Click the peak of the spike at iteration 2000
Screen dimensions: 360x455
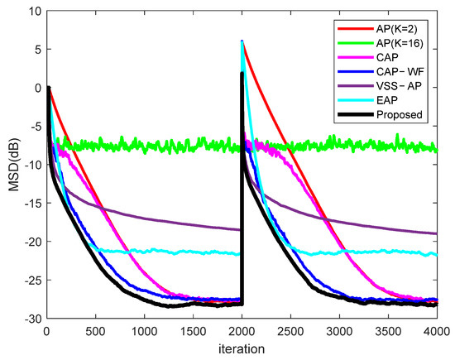242,41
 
